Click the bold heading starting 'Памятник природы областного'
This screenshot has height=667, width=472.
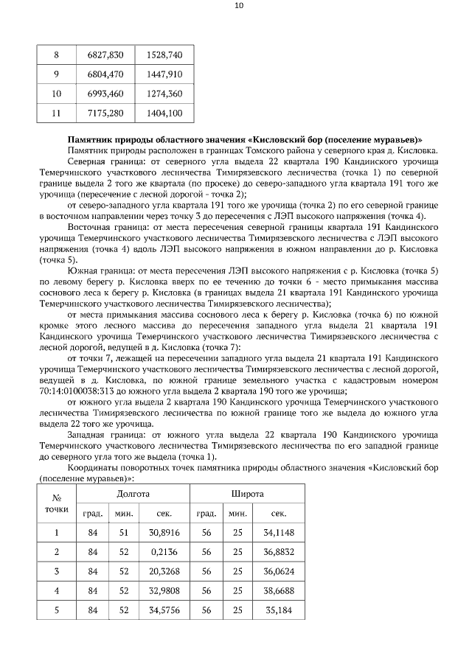[244, 139]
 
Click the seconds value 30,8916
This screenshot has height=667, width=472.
[164, 532]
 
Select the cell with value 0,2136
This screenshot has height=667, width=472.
[164, 551]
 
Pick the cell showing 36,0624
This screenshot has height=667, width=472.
[279, 570]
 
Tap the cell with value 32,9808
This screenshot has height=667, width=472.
[164, 590]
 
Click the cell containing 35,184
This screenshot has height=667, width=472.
[279, 610]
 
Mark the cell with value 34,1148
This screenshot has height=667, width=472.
[279, 532]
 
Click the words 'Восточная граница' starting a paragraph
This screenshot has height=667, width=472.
[103, 227]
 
